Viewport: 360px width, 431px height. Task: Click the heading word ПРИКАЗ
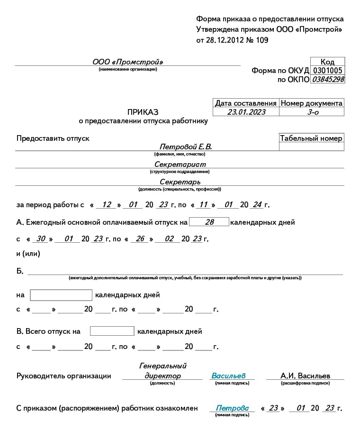(x=143, y=112)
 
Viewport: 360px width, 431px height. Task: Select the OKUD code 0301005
(x=327, y=71)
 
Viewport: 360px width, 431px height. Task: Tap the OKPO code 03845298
(x=327, y=79)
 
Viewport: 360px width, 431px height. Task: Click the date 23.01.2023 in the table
(x=246, y=112)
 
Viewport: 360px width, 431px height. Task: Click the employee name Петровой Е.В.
(x=186, y=147)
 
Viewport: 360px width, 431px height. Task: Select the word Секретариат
(x=180, y=164)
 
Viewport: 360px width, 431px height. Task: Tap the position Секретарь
(x=180, y=182)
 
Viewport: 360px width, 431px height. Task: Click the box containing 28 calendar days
(x=209, y=222)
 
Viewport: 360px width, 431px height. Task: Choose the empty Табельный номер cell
(x=312, y=147)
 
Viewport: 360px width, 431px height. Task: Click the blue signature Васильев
(x=228, y=376)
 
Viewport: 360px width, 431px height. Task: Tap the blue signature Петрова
(x=232, y=408)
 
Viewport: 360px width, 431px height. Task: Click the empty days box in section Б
(x=61, y=295)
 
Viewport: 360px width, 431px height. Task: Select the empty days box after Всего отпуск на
(x=112, y=331)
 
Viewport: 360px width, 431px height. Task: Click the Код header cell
(x=327, y=62)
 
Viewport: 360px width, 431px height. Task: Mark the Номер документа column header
(x=312, y=103)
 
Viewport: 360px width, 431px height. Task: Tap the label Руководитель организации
(x=63, y=376)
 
